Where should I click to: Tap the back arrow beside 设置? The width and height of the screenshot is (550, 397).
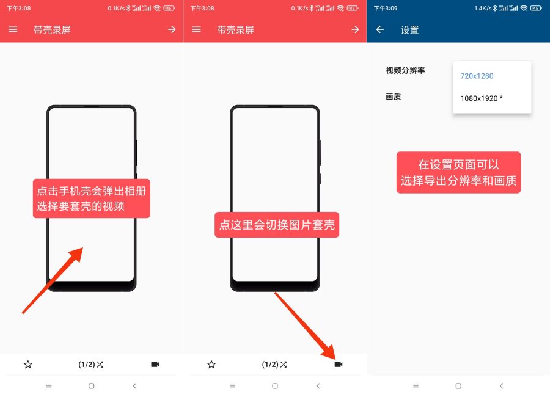click(x=380, y=30)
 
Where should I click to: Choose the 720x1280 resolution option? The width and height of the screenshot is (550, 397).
click(x=477, y=76)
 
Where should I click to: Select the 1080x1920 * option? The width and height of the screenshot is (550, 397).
click(x=482, y=98)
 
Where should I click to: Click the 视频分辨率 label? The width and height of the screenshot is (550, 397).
click(x=405, y=70)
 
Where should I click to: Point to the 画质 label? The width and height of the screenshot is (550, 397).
click(x=393, y=97)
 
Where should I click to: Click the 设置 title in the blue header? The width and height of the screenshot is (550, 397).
click(x=409, y=30)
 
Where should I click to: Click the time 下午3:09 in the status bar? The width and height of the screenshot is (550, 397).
click(x=386, y=9)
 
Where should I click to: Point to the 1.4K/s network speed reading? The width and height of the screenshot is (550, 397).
click(x=483, y=9)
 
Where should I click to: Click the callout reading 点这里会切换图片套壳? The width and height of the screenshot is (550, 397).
click(x=277, y=225)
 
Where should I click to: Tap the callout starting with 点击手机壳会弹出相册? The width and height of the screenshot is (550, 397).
click(x=92, y=198)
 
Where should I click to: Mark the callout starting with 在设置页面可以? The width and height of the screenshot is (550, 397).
click(x=458, y=173)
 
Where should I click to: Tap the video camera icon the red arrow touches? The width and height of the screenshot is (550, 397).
click(x=339, y=365)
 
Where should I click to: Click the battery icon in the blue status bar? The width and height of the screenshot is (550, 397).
click(x=536, y=9)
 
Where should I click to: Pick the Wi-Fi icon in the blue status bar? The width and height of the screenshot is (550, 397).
click(x=524, y=9)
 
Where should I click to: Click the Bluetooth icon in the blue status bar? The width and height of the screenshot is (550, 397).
click(x=495, y=9)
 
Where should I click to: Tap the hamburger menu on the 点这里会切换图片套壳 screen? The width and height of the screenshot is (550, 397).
click(x=196, y=30)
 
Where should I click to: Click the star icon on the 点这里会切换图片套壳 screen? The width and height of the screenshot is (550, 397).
click(x=211, y=365)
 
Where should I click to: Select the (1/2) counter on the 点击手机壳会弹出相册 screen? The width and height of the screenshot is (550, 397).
click(x=87, y=365)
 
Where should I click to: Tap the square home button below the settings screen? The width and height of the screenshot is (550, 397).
click(x=458, y=386)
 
